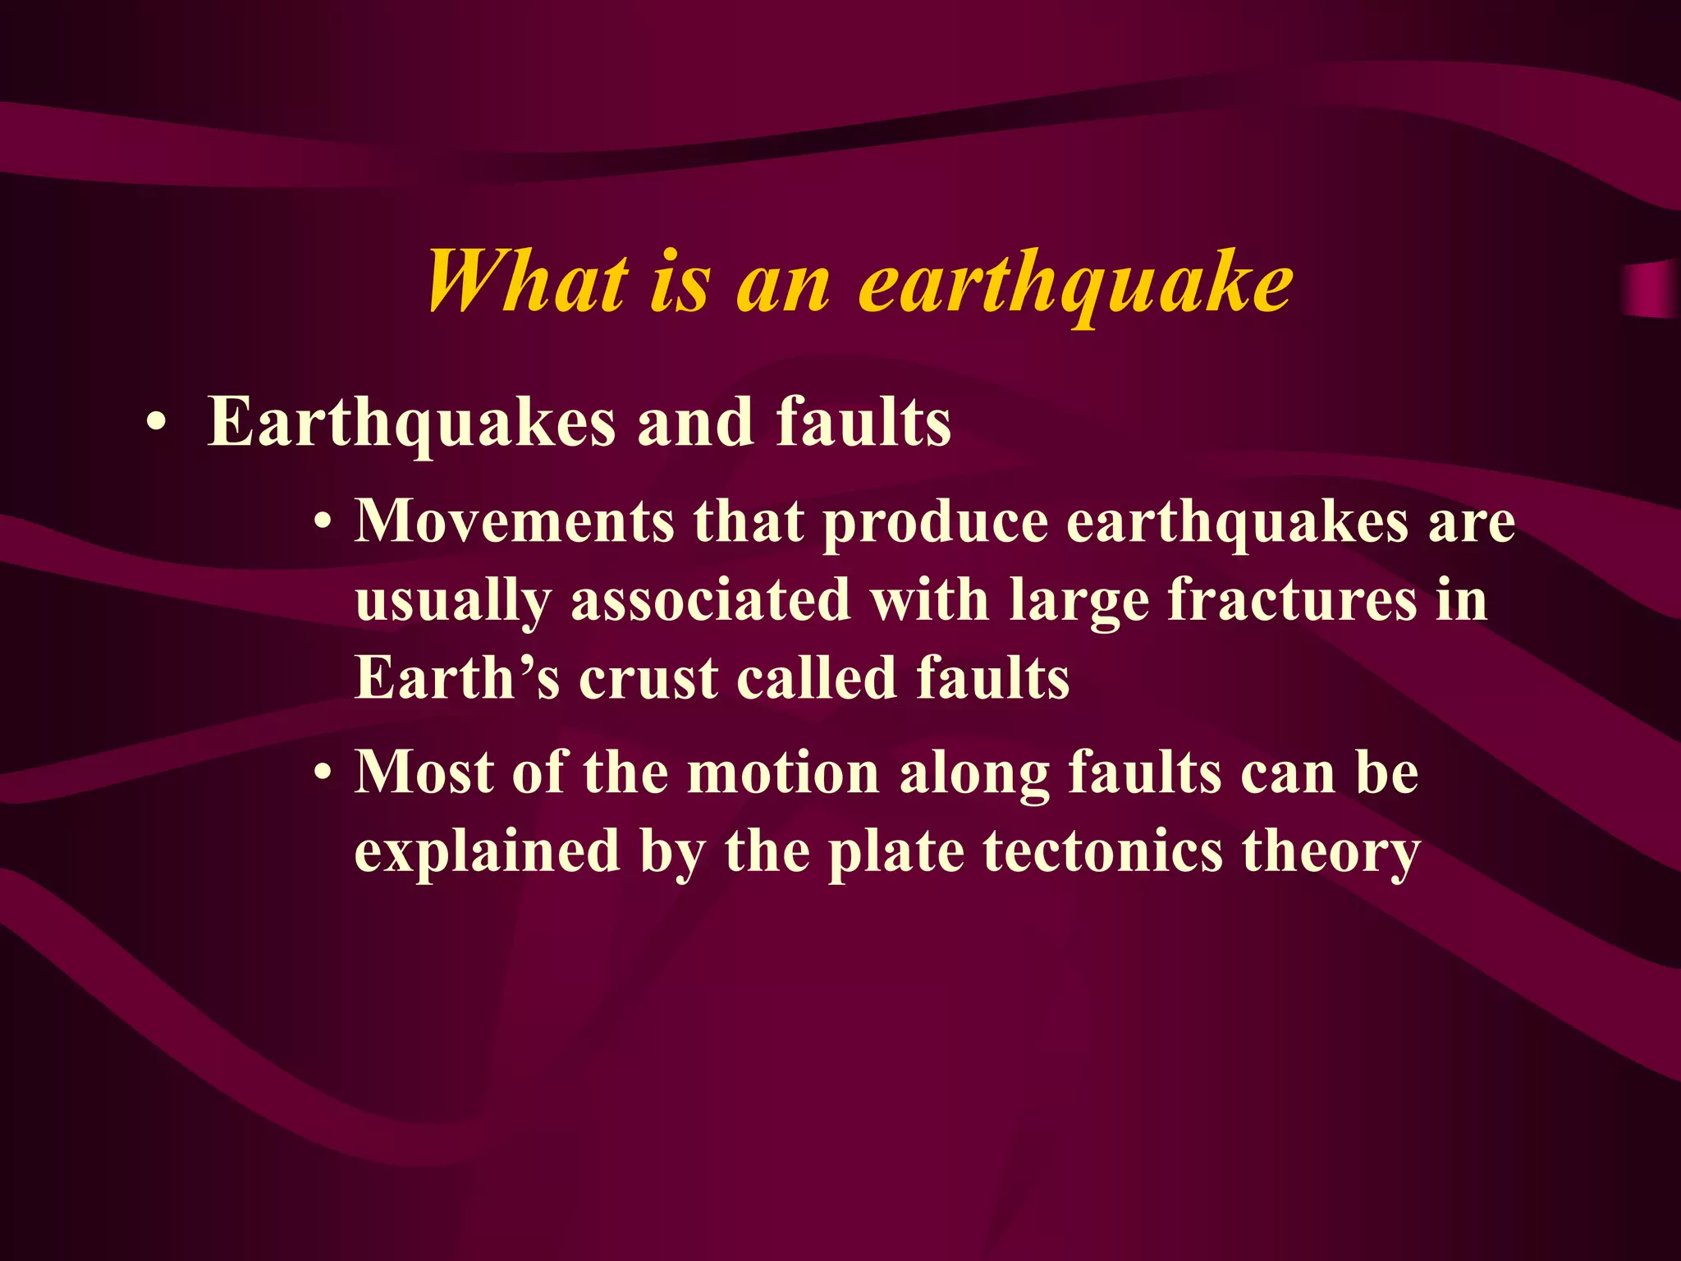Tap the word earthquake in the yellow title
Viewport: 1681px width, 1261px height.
[1075, 283]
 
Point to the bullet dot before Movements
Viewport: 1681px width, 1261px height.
[325, 523]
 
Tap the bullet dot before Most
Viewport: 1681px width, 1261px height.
[325, 774]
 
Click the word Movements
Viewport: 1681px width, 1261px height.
[514, 521]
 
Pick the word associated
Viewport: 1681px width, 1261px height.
[710, 599]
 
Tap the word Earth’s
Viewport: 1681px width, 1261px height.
[457, 678]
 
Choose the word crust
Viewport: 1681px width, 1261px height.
[648, 680]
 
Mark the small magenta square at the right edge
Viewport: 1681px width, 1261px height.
[1650, 290]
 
